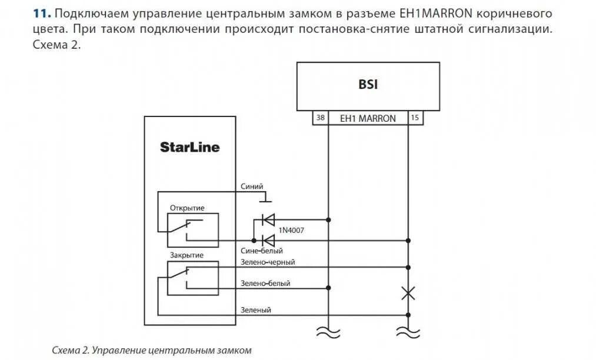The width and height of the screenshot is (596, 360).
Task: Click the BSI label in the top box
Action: pos(368,85)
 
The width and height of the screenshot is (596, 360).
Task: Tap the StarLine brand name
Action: pos(189,147)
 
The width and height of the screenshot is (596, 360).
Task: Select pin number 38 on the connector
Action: pos(320,118)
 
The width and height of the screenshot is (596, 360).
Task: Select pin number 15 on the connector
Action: pos(415,118)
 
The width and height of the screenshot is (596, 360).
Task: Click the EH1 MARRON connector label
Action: pos(368,118)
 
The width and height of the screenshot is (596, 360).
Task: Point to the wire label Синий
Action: pos(252,186)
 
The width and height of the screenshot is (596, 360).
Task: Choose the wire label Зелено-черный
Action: pos(268,262)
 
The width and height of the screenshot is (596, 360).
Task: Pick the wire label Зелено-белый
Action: pos(265,283)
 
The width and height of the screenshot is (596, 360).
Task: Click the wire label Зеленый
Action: pos(256,309)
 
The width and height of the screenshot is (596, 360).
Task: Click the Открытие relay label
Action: pos(187,208)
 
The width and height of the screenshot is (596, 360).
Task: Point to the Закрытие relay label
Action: pos(187,255)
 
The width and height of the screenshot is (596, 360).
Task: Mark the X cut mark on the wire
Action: pos(408,293)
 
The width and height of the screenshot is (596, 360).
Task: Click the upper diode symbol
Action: pos(268,220)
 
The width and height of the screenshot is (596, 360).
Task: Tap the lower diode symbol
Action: pos(268,240)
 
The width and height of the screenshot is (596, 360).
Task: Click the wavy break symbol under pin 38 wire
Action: pos(328,332)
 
